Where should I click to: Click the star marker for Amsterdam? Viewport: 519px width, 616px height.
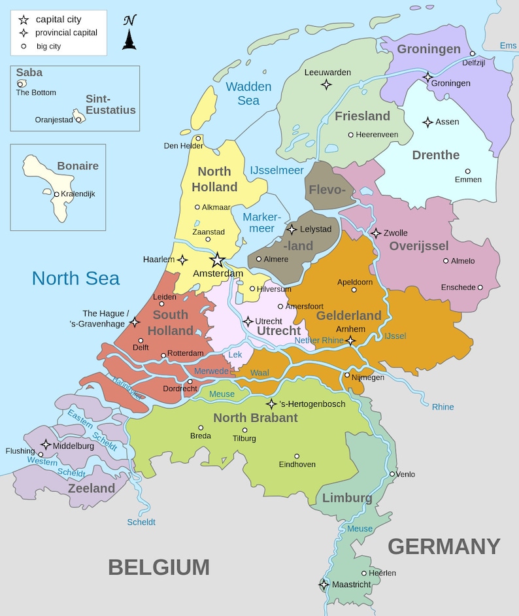tap(218, 260)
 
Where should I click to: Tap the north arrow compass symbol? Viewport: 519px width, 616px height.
tap(129, 33)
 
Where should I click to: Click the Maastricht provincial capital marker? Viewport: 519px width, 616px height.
tap(324, 585)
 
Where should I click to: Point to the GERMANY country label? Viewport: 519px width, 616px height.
tap(444, 546)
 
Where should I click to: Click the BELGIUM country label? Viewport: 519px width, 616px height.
tap(159, 567)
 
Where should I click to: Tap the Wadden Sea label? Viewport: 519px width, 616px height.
tap(248, 94)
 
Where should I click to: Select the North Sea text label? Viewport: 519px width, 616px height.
tap(76, 278)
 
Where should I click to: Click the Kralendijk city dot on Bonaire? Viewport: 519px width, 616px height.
tap(57, 194)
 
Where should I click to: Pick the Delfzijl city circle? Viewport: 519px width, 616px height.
tap(473, 54)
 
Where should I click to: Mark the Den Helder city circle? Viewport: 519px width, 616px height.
tap(198, 138)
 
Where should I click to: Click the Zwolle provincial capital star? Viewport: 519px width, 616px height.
tap(376, 233)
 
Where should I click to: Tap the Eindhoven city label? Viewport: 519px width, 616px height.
tap(297, 464)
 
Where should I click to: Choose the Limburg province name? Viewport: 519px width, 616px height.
tap(347, 498)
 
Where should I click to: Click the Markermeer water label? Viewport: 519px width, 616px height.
tap(261, 223)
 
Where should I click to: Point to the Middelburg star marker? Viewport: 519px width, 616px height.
tap(46, 445)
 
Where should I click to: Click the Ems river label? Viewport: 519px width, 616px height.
tap(508, 45)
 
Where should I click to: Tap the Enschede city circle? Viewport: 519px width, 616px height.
tap(480, 287)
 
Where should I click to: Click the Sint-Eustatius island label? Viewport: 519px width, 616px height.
tap(110, 105)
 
